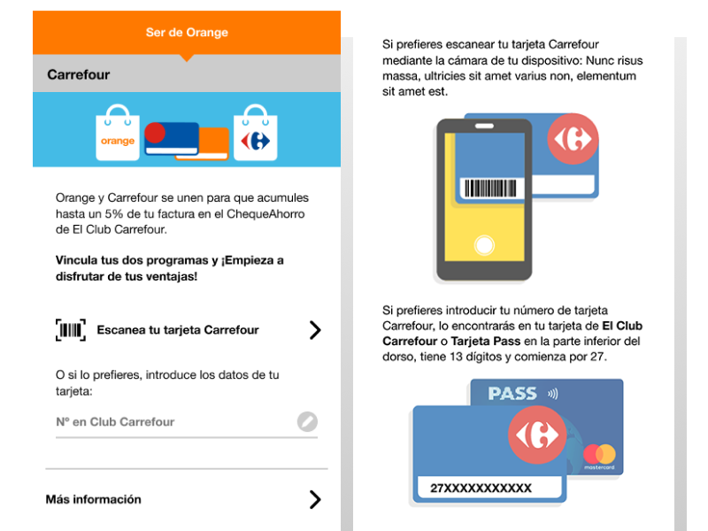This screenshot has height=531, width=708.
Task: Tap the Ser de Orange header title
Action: [187, 33]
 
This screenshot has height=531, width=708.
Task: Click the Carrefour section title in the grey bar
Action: [79, 74]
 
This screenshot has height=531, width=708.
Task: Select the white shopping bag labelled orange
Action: [118, 133]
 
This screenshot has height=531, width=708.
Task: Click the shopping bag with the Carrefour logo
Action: [255, 133]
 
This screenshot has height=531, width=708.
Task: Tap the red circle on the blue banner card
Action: [155, 133]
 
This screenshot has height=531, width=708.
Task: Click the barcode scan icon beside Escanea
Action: [71, 330]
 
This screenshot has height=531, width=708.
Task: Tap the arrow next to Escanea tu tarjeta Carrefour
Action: [315, 330]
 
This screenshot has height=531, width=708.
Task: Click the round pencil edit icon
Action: [307, 422]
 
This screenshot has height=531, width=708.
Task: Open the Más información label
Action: [94, 499]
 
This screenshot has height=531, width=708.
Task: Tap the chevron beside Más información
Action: [315, 499]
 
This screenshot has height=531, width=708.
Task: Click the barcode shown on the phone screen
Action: [490, 189]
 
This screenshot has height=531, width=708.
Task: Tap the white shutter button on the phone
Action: [484, 246]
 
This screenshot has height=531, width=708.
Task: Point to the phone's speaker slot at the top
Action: [484, 126]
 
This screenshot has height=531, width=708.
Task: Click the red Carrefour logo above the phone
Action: [573, 139]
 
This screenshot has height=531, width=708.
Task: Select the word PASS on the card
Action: [512, 394]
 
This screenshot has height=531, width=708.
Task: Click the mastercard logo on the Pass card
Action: [599, 456]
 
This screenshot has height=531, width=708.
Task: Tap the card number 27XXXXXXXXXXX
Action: [481, 489]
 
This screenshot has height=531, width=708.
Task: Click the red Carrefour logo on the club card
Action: [537, 435]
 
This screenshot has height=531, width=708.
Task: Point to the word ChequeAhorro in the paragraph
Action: [265, 214]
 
